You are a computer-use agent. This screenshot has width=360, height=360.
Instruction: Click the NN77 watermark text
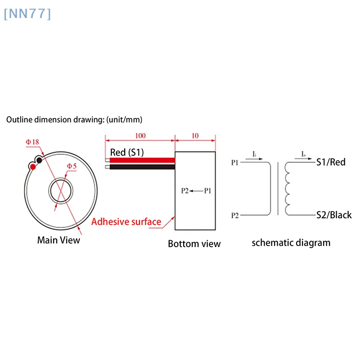27,14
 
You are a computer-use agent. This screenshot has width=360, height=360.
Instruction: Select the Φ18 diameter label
32,142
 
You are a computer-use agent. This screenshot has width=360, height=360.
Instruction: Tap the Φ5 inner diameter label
72,166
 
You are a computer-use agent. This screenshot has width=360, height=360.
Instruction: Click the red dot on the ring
33,167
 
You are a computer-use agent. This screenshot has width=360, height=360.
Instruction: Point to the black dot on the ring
40,160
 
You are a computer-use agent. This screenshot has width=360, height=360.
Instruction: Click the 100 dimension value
140,135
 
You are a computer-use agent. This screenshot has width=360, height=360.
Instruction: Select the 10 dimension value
194,135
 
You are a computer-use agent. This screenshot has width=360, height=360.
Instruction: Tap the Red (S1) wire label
127,153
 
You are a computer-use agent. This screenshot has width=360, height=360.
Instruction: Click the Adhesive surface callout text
126,221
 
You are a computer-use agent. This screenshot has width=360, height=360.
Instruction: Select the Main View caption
58,240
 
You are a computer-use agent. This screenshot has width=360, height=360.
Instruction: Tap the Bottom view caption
194,244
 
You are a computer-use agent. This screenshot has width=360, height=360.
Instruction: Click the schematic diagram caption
291,243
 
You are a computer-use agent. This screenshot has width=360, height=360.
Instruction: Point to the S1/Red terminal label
331,162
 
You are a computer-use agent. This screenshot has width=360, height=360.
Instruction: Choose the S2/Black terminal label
333,215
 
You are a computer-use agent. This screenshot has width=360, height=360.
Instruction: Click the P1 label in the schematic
235,162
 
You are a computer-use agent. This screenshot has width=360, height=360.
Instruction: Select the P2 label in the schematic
235,216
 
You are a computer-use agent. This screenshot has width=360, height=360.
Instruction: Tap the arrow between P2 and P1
196,191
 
